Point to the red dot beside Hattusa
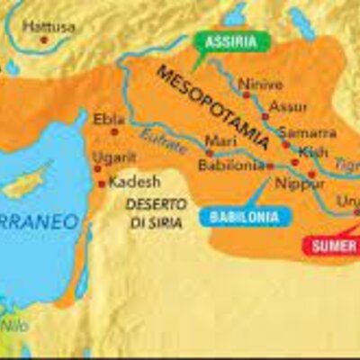pyautogui.click(x=42, y=40)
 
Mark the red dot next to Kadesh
pyautogui.click(x=102, y=184)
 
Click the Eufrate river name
pyautogui.click(x=164, y=142)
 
